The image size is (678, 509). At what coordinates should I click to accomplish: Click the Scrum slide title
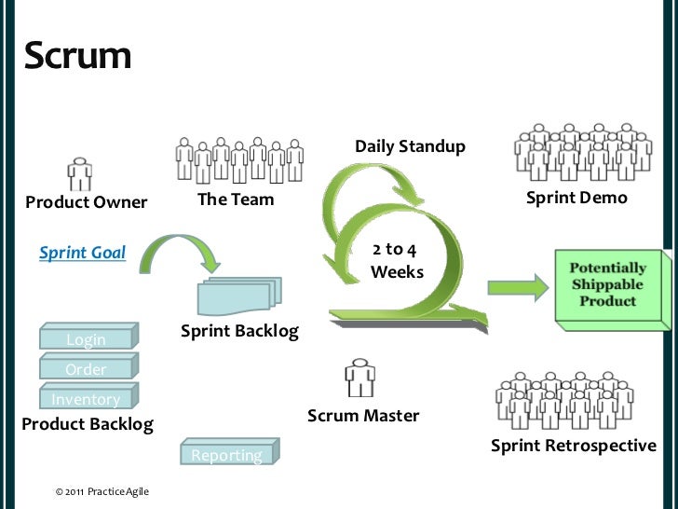click(78, 56)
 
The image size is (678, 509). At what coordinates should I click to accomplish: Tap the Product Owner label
click(86, 202)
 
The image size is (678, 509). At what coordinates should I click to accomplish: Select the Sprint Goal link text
click(82, 252)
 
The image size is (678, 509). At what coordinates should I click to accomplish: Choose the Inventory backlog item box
click(86, 399)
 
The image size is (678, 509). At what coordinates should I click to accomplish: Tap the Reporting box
click(227, 454)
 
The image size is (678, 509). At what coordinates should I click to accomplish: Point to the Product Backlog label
click(87, 425)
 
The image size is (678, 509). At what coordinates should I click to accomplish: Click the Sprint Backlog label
click(239, 331)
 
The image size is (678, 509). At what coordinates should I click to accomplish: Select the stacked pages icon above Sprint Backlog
click(238, 295)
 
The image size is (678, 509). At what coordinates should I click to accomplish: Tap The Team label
click(236, 199)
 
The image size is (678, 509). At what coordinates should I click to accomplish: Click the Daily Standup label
click(410, 146)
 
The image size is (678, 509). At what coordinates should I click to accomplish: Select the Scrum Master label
click(363, 416)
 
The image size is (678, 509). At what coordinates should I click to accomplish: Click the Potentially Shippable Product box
click(611, 286)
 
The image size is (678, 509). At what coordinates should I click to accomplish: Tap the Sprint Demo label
click(576, 198)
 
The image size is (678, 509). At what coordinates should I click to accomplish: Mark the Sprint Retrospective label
click(573, 446)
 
